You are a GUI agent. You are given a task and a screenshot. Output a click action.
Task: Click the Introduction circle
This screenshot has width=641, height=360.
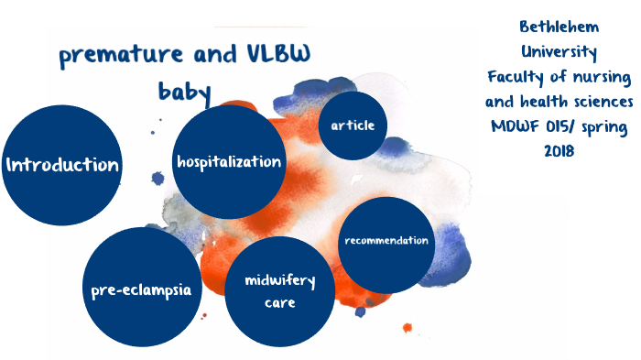pos(62,165)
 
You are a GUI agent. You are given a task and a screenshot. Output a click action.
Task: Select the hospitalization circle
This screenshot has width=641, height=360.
pos(229,162)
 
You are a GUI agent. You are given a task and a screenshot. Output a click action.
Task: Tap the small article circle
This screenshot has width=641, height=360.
pos(352,125)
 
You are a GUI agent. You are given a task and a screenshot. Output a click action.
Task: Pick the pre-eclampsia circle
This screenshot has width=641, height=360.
pos(141,289)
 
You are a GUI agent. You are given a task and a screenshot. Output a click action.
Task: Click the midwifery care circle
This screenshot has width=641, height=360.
pos(278,291)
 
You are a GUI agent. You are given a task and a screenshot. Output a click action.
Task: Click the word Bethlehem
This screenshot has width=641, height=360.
pos(558,26)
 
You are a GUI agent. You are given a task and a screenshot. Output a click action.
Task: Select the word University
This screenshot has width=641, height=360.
pos(558,50)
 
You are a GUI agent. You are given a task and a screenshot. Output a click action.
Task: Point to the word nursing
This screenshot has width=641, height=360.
pos(598,75)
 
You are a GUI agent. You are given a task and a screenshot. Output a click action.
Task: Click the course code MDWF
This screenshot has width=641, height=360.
pos(516,125)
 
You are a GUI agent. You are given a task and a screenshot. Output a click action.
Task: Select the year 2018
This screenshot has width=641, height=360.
pos(558,150)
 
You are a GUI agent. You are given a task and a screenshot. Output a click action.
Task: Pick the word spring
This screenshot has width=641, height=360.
pos(603,126)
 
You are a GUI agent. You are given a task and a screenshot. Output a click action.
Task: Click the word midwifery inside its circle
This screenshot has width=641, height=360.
pos(278,281)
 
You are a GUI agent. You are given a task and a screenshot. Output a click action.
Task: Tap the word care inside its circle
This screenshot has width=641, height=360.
pos(278,302)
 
